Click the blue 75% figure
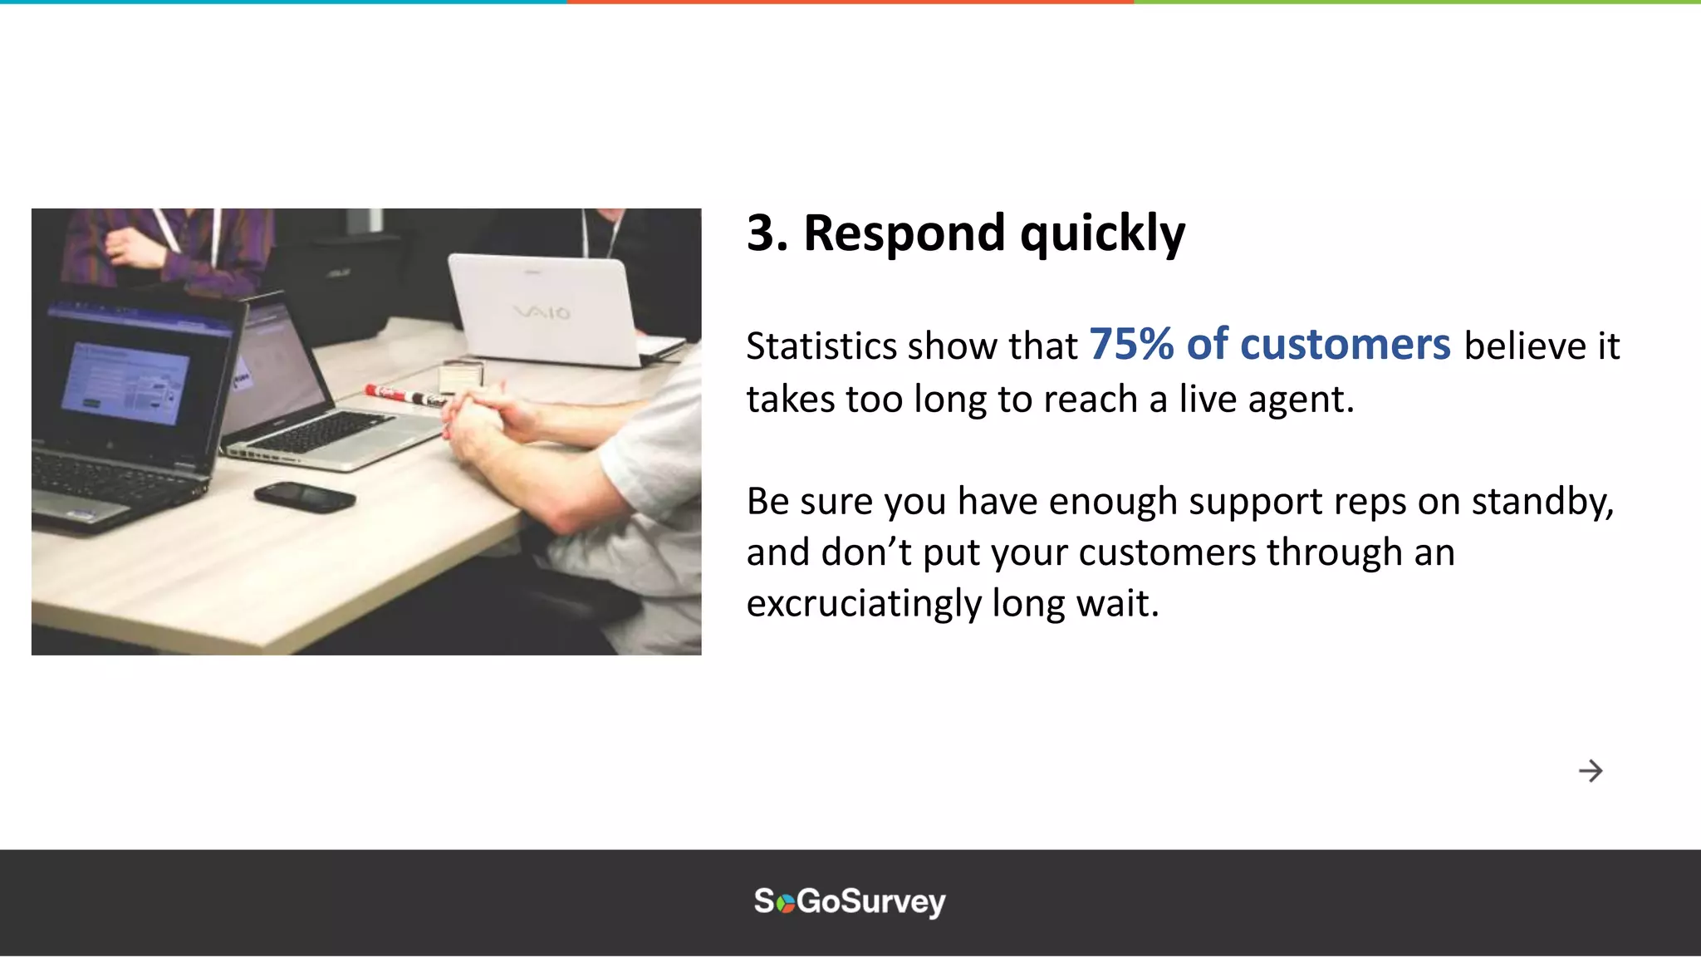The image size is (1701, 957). coord(1130,344)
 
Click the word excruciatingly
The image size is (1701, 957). coord(864,604)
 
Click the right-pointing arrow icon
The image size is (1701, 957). coord(1590,771)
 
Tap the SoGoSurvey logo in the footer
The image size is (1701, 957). coord(850,901)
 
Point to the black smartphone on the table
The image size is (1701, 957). coord(305,497)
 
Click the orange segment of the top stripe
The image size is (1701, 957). coord(850,2)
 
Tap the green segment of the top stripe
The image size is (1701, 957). coord(1416,2)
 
